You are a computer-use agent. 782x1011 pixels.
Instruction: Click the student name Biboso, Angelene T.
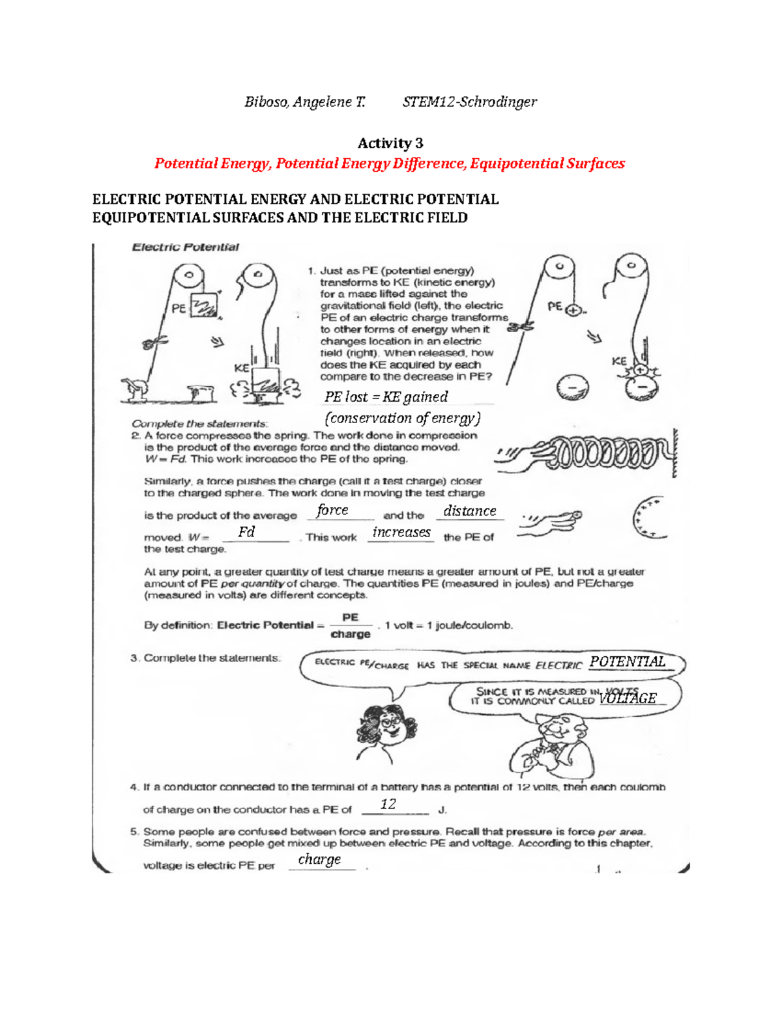click(304, 102)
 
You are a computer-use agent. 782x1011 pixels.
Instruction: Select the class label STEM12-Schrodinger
click(469, 102)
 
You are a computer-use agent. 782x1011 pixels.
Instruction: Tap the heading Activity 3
click(390, 143)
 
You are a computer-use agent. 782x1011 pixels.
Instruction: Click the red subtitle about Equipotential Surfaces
click(390, 163)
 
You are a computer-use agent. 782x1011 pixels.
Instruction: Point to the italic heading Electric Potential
click(185, 247)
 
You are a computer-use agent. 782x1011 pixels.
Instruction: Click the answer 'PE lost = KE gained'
click(386, 396)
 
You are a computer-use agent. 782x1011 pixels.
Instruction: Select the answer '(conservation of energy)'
click(402, 418)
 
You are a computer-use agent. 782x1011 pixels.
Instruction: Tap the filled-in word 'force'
click(332, 510)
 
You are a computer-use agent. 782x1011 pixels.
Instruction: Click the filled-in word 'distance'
click(470, 511)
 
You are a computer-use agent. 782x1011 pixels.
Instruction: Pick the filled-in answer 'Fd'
click(246, 532)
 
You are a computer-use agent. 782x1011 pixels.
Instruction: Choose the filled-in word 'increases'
click(401, 533)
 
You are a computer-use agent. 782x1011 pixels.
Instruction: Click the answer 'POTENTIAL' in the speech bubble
click(628, 662)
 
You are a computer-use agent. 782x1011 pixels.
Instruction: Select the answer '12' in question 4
click(388, 804)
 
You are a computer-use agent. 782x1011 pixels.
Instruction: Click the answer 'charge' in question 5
click(319, 859)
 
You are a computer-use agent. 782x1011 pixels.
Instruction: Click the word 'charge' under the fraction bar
click(351, 635)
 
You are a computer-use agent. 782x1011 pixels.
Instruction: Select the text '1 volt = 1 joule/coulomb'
click(448, 626)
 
